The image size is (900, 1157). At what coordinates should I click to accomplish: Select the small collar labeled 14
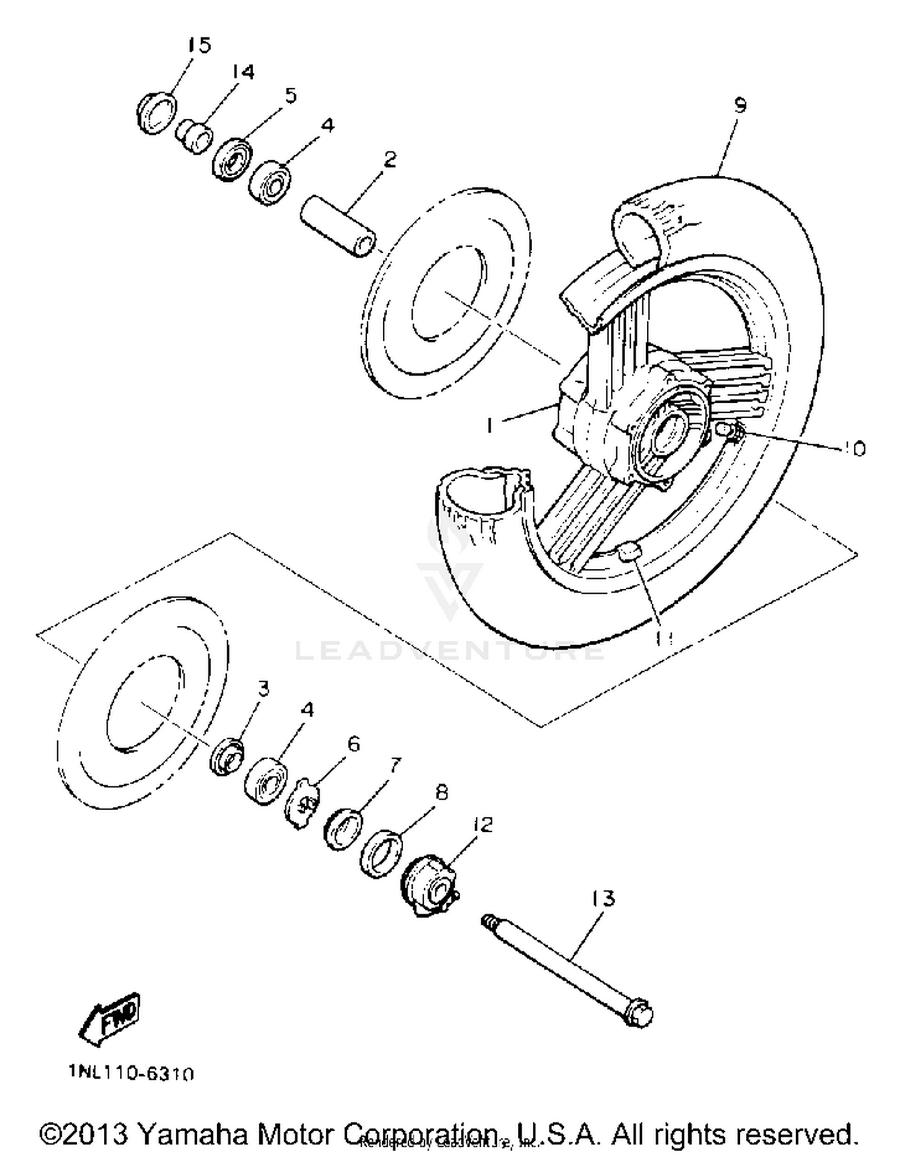[194, 136]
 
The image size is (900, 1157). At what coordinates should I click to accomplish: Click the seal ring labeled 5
[233, 159]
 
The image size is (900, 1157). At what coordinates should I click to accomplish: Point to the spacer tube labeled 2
[338, 226]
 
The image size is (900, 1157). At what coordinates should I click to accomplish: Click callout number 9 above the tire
[740, 106]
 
